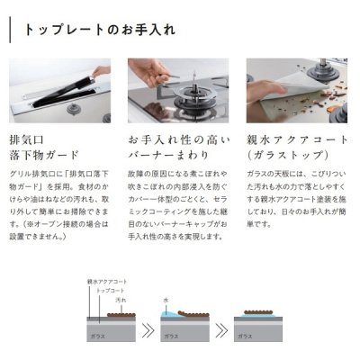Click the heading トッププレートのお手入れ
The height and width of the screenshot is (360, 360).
point(98,30)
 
